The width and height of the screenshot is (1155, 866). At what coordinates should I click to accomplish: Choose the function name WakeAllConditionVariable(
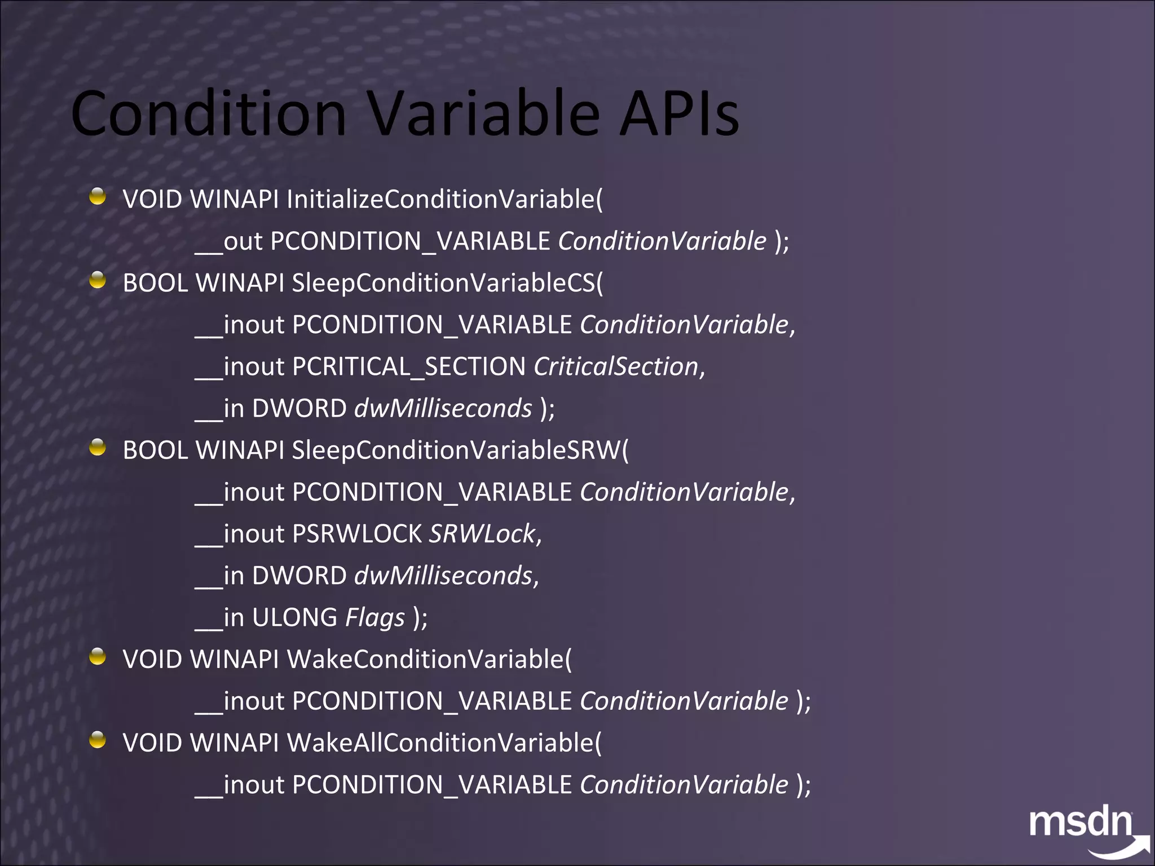(444, 743)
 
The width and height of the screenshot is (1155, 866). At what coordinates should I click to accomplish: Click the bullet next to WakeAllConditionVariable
(98, 739)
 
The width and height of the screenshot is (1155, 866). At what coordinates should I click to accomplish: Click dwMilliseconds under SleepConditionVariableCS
(443, 409)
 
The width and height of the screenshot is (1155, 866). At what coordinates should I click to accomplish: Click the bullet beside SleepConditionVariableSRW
(98, 447)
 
